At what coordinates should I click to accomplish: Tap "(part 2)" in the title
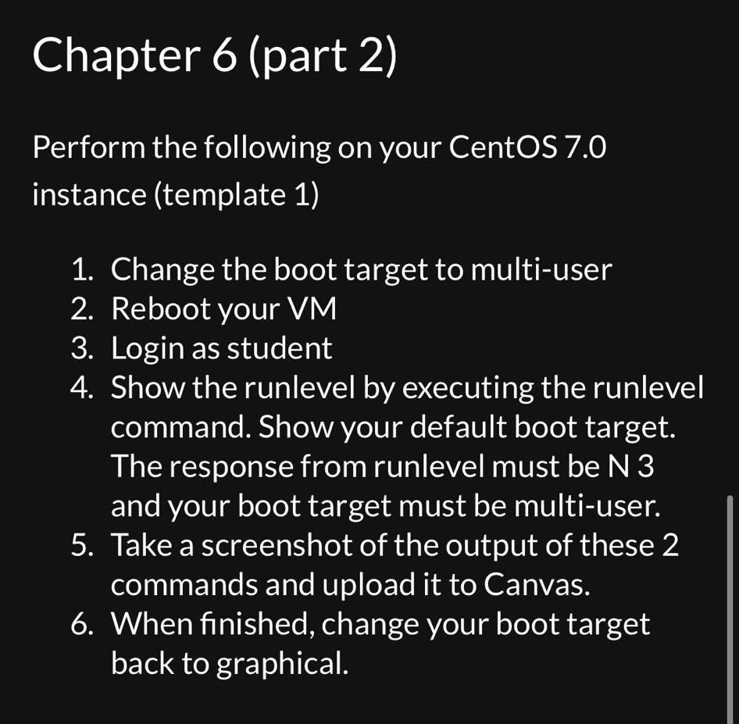click(323, 56)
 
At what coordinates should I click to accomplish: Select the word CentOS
click(503, 147)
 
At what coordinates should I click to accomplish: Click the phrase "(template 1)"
click(237, 194)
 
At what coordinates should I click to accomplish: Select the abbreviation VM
click(311, 309)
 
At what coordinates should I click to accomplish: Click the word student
click(279, 348)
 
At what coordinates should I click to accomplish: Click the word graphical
click(280, 664)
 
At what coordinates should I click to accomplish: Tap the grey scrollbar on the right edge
click(730, 609)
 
